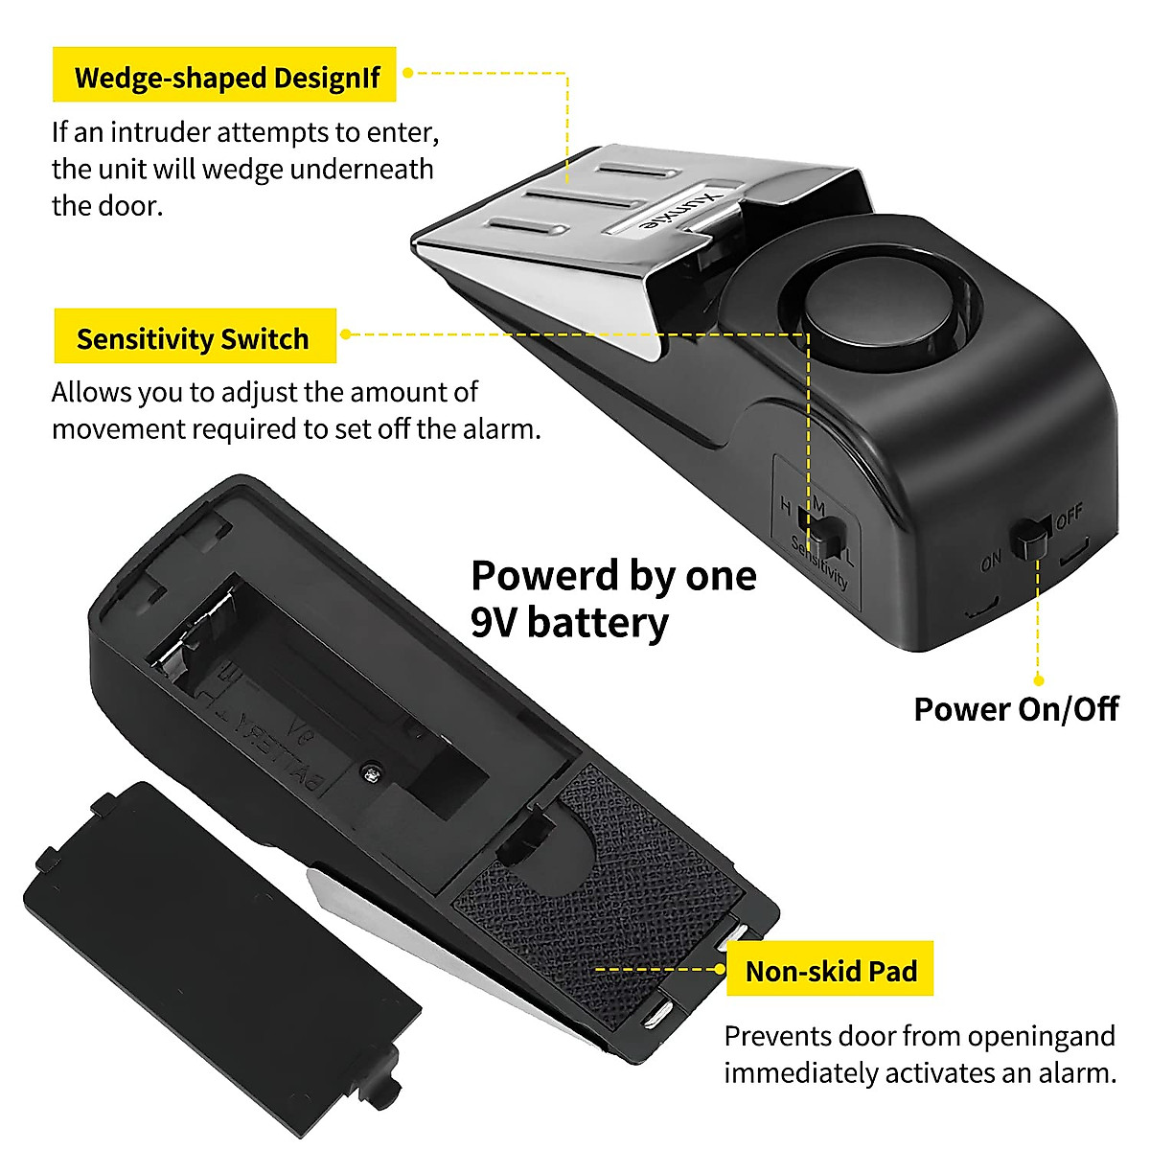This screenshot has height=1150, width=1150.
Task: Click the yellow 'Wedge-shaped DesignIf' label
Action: (x=225, y=76)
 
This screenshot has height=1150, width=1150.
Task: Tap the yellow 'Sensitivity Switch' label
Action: (x=195, y=337)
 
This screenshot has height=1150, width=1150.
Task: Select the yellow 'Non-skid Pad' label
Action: (x=830, y=970)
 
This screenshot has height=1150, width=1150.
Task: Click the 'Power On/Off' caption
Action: (x=1016, y=709)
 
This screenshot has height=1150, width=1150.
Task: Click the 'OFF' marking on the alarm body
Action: (x=1069, y=517)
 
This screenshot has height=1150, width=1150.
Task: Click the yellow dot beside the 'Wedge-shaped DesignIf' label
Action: (x=407, y=72)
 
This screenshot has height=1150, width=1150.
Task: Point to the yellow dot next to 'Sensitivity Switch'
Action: (x=345, y=334)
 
